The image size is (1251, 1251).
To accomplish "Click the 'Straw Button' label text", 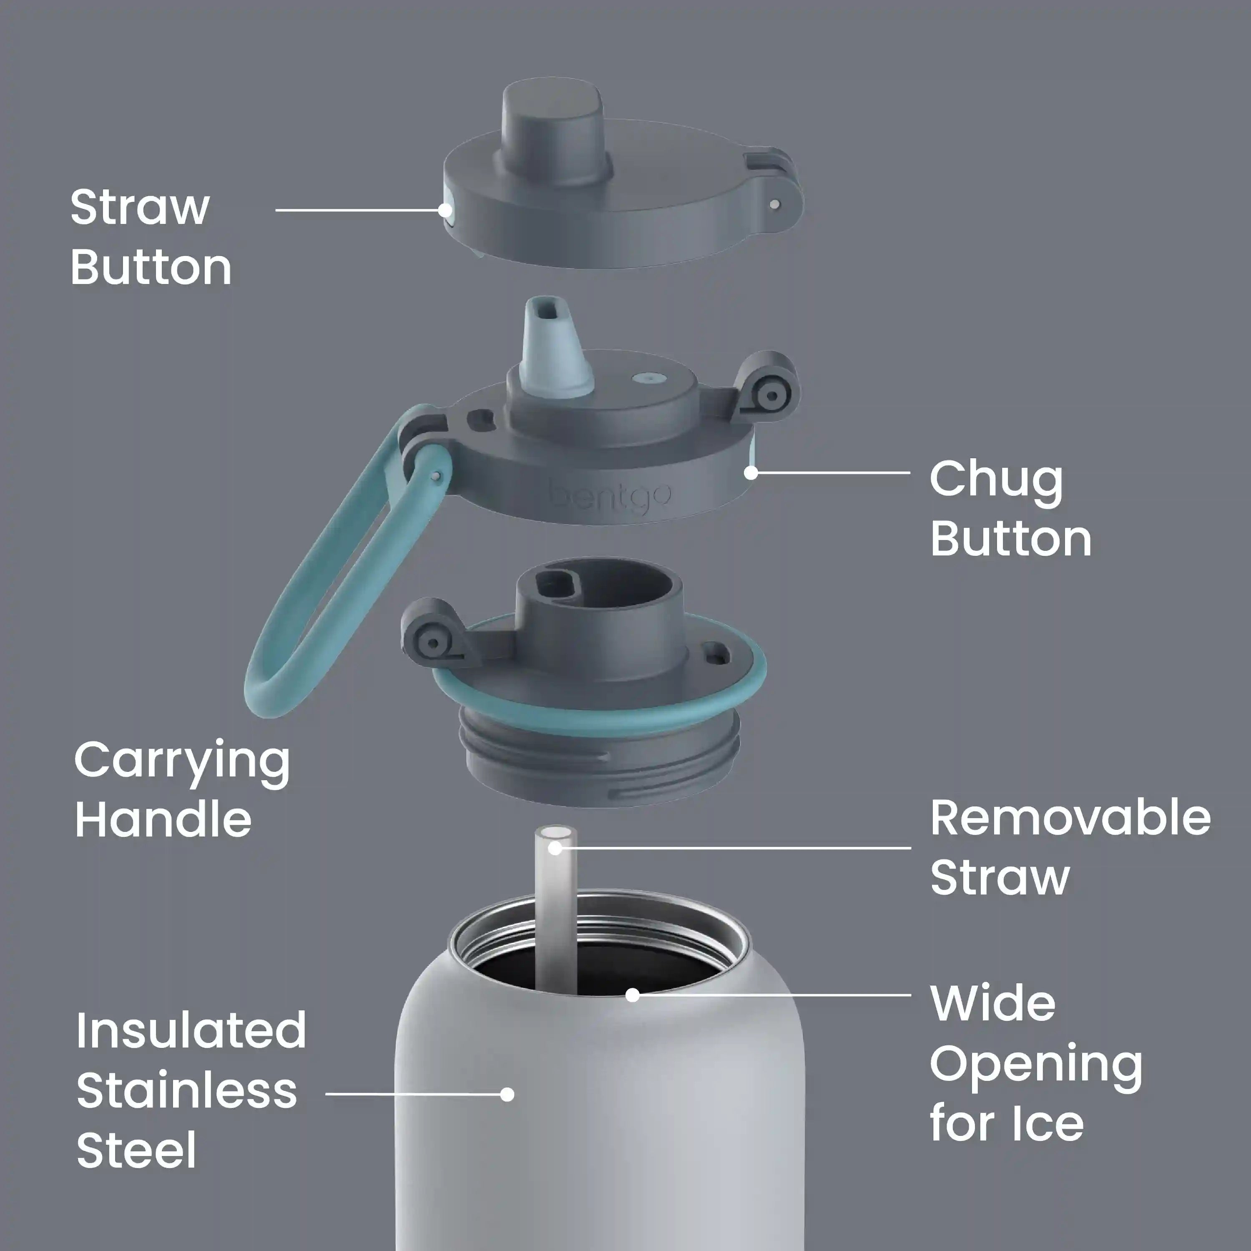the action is (x=150, y=237).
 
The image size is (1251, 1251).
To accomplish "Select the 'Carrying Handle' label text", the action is (x=182, y=789).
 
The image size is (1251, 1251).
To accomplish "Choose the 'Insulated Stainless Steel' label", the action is (x=191, y=1093).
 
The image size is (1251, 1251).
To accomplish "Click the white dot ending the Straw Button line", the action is (x=445, y=210).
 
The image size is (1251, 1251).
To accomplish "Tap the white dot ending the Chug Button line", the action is (x=751, y=473).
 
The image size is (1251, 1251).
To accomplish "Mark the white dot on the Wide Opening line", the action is (x=633, y=995).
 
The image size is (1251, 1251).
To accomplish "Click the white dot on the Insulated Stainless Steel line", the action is (x=507, y=1094).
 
